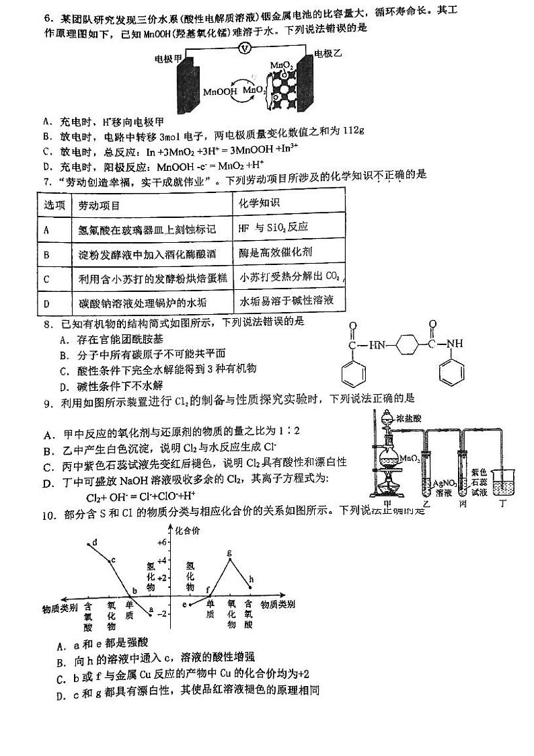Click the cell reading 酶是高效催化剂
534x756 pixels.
(x=275, y=252)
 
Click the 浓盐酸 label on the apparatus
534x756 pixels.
(x=408, y=418)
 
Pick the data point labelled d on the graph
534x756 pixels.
(x=91, y=543)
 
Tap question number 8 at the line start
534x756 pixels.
(x=46, y=322)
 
